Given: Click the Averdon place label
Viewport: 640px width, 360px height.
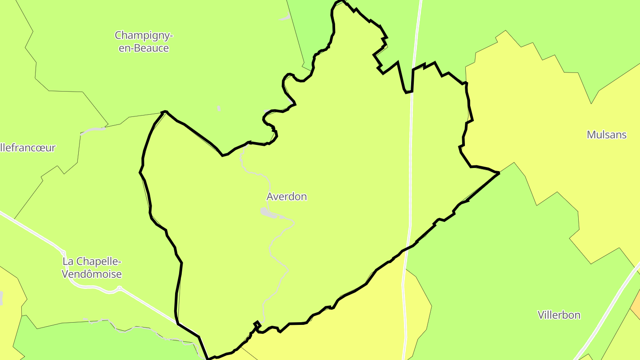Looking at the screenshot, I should click(287, 196).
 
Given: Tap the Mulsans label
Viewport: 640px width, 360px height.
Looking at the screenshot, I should click(607, 135).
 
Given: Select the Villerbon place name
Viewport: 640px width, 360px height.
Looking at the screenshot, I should click(559, 315).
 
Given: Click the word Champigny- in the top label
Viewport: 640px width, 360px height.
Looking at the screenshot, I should click(144, 35).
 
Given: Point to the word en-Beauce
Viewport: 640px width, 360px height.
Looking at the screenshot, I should click(144, 48).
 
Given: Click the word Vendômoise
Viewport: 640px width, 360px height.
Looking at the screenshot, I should click(92, 274).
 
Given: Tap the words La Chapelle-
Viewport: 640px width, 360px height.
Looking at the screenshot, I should click(92, 261).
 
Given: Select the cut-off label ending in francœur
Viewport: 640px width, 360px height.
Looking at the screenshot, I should click(28, 148).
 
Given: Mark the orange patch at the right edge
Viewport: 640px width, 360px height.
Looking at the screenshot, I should click(636, 302).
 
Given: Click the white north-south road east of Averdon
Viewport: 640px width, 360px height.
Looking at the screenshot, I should click(410, 178).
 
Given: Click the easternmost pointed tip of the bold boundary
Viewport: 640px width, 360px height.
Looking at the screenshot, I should click(499, 173).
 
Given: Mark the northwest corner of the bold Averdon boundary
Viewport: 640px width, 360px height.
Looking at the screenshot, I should click(164, 112).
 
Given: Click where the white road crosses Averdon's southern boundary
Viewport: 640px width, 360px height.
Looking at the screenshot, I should click(406, 248).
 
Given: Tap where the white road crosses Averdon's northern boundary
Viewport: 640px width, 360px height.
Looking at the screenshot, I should click(412, 91).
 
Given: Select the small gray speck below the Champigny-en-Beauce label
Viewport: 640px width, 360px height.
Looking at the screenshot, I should click(219, 108).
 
